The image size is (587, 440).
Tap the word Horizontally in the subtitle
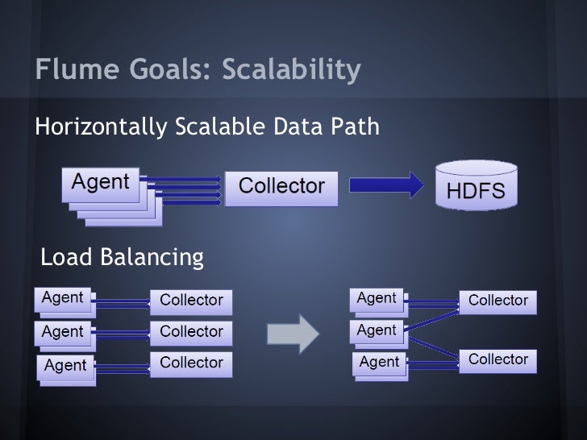[x=99, y=127]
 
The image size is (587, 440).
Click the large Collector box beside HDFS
[x=281, y=187]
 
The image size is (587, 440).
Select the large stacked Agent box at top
[x=102, y=184]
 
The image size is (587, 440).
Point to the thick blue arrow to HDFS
[x=389, y=186]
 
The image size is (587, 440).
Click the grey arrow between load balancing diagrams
[x=299, y=332]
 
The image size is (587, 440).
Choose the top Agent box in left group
[x=62, y=298]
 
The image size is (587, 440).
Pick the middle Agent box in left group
[x=62, y=331]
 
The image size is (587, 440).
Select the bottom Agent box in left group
[x=65, y=364]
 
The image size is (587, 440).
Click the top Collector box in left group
[x=191, y=300]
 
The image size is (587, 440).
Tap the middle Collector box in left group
[x=191, y=331]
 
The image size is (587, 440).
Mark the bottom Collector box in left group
[x=191, y=363]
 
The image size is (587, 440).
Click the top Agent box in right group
[x=377, y=298]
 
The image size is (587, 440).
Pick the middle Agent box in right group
[x=377, y=330]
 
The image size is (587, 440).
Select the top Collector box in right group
[x=498, y=300]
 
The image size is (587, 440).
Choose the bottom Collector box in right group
[x=498, y=359]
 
